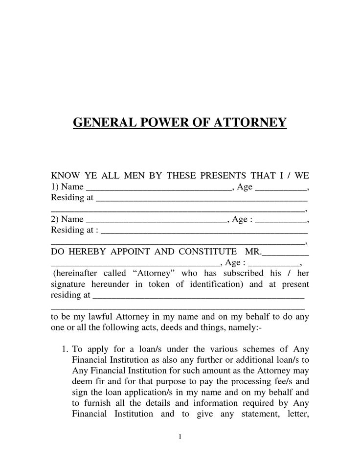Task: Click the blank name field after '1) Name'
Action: [x=158, y=188]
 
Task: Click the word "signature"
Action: [x=68, y=284]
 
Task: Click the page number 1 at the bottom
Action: [x=180, y=437]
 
